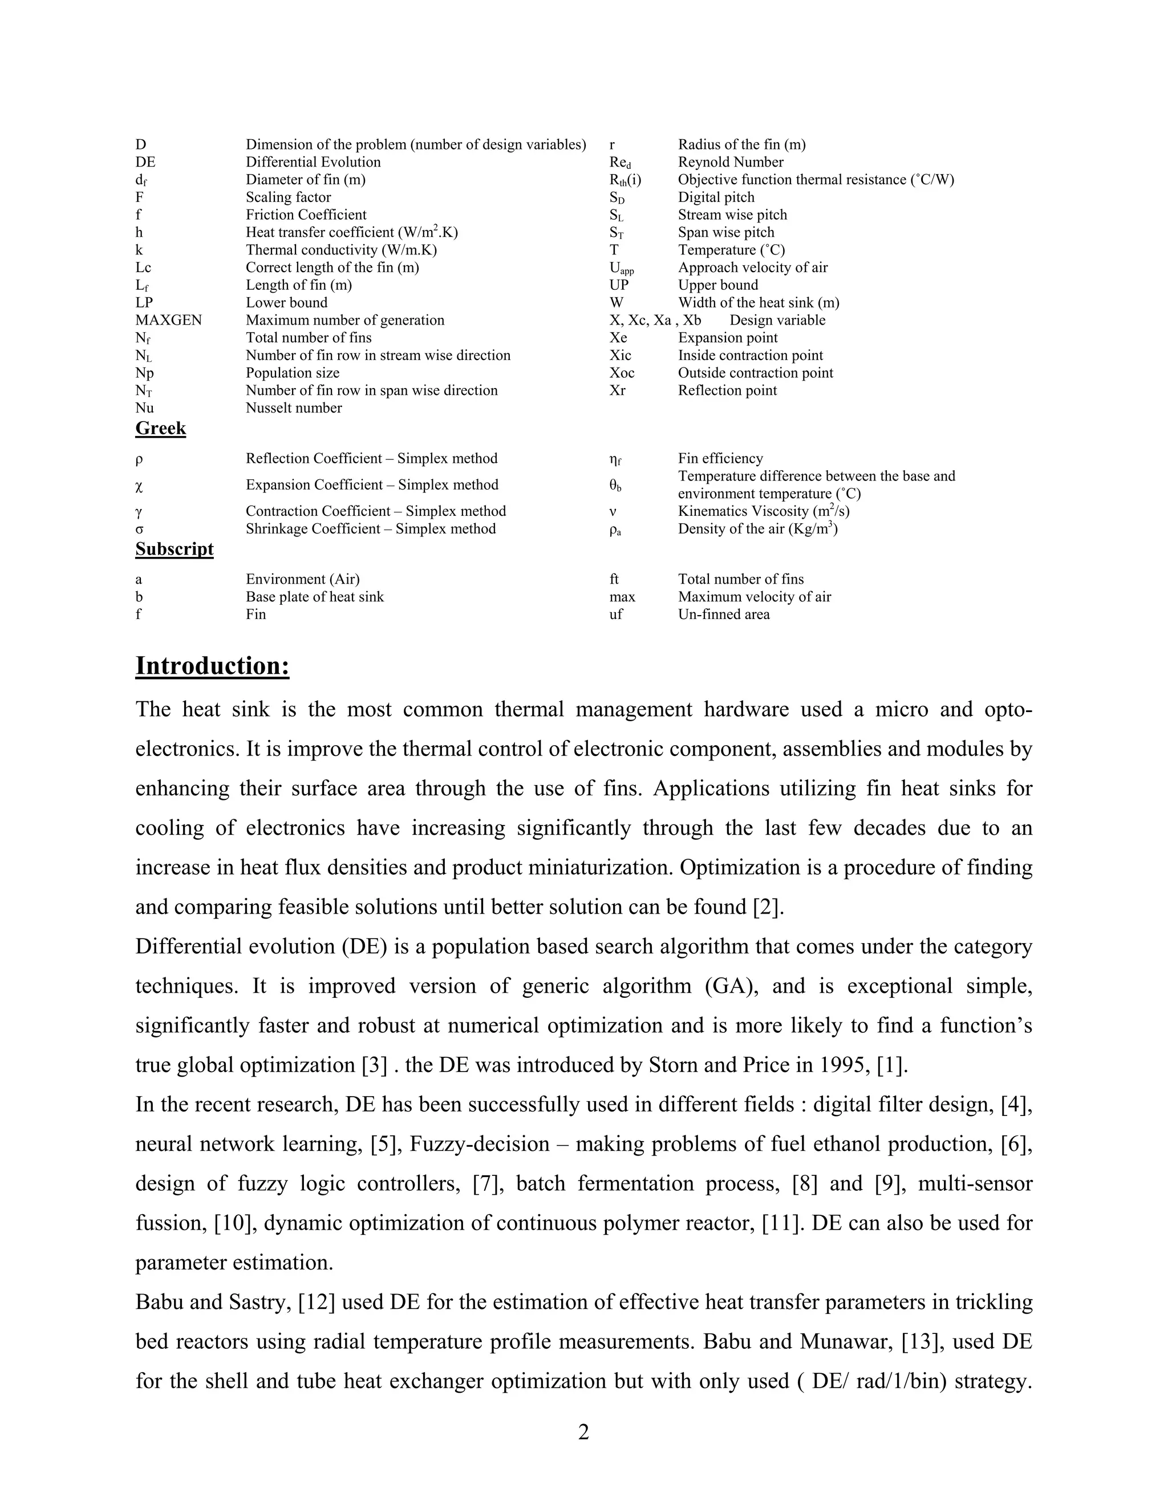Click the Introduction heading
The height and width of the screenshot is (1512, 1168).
[x=212, y=666]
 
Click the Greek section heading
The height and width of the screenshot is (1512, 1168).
[x=160, y=428]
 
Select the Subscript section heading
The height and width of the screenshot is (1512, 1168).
[x=175, y=549]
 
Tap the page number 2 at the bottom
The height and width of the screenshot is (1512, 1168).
[x=583, y=1432]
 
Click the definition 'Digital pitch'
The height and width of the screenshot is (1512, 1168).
[x=716, y=197]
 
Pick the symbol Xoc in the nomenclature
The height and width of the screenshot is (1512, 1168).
[x=622, y=373]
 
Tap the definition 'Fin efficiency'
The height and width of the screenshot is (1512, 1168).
[x=720, y=459]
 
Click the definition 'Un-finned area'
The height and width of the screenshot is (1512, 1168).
[x=723, y=614]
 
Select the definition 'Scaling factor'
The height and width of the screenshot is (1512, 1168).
[x=288, y=197]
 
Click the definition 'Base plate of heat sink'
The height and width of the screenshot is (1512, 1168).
[x=314, y=597]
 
